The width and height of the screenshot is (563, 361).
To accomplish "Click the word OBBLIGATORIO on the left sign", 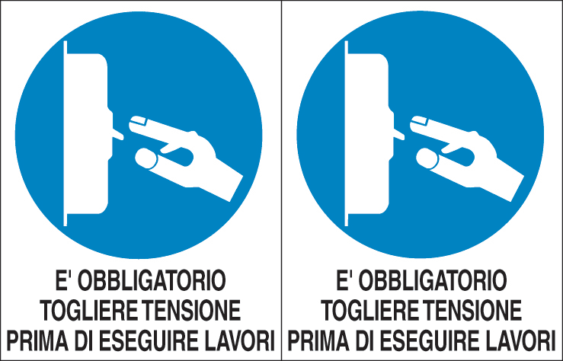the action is coord(152,280).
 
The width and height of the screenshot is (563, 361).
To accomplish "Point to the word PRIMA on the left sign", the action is coord(37,340).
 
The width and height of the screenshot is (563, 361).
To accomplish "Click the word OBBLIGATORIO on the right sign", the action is coord(433,280).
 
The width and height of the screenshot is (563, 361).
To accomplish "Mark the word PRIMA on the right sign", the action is coord(319,340).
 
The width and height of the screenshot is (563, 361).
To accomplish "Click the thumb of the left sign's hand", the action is coord(146,158).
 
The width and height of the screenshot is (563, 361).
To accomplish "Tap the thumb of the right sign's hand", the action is coord(427,158).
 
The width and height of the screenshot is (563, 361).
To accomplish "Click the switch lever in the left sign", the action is coord(117,134).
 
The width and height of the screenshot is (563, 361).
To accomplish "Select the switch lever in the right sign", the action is coord(398,134).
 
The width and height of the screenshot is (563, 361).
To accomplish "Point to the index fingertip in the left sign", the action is coord(138,122).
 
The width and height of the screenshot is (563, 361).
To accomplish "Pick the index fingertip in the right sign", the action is coord(419,122).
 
